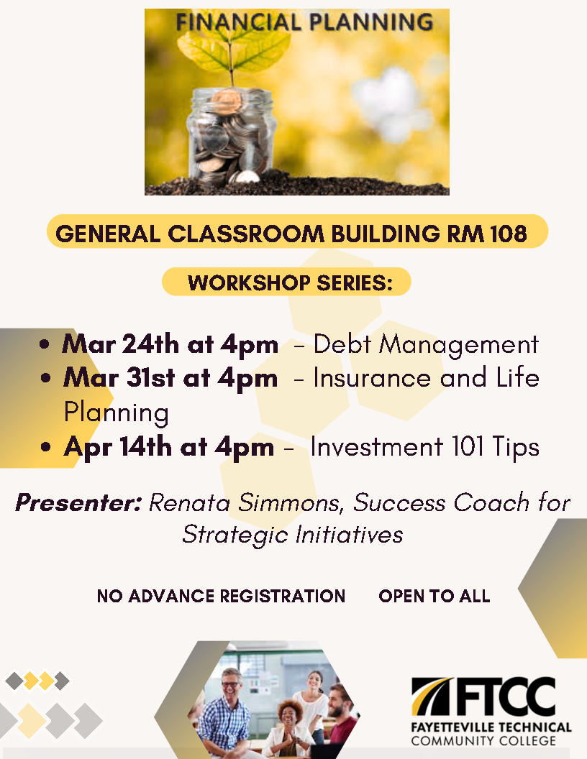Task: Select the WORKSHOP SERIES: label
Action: tap(291, 282)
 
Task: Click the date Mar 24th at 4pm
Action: tap(170, 345)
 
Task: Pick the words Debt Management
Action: tap(426, 345)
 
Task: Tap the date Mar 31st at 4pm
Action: tap(170, 378)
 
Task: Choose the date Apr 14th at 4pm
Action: tap(168, 447)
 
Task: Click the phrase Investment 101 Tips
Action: tap(424, 447)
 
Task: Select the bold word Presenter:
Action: tap(78, 502)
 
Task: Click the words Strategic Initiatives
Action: tap(292, 534)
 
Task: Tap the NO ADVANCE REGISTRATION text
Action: tap(221, 596)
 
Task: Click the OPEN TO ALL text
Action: tap(434, 596)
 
